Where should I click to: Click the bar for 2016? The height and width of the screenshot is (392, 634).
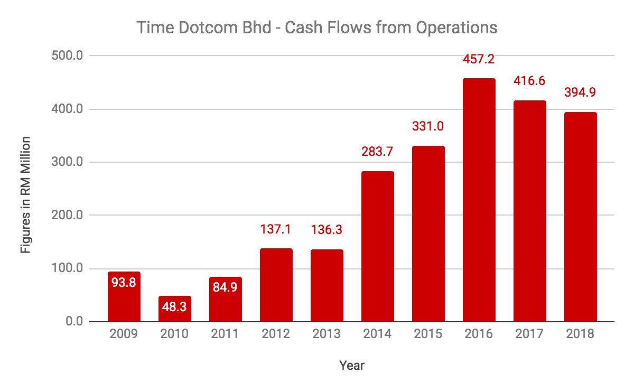479,200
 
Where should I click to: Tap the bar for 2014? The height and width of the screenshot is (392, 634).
378,247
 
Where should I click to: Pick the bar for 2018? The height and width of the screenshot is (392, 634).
580,217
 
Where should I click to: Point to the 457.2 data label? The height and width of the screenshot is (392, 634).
479,60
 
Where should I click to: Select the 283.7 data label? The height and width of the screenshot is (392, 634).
378,153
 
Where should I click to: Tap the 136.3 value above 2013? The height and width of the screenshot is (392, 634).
327,230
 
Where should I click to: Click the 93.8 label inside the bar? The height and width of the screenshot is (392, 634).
124,283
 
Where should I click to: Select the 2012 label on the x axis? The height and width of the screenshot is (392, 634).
276,334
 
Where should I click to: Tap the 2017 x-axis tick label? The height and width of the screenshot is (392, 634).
530,334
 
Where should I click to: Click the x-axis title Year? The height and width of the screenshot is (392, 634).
352,365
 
